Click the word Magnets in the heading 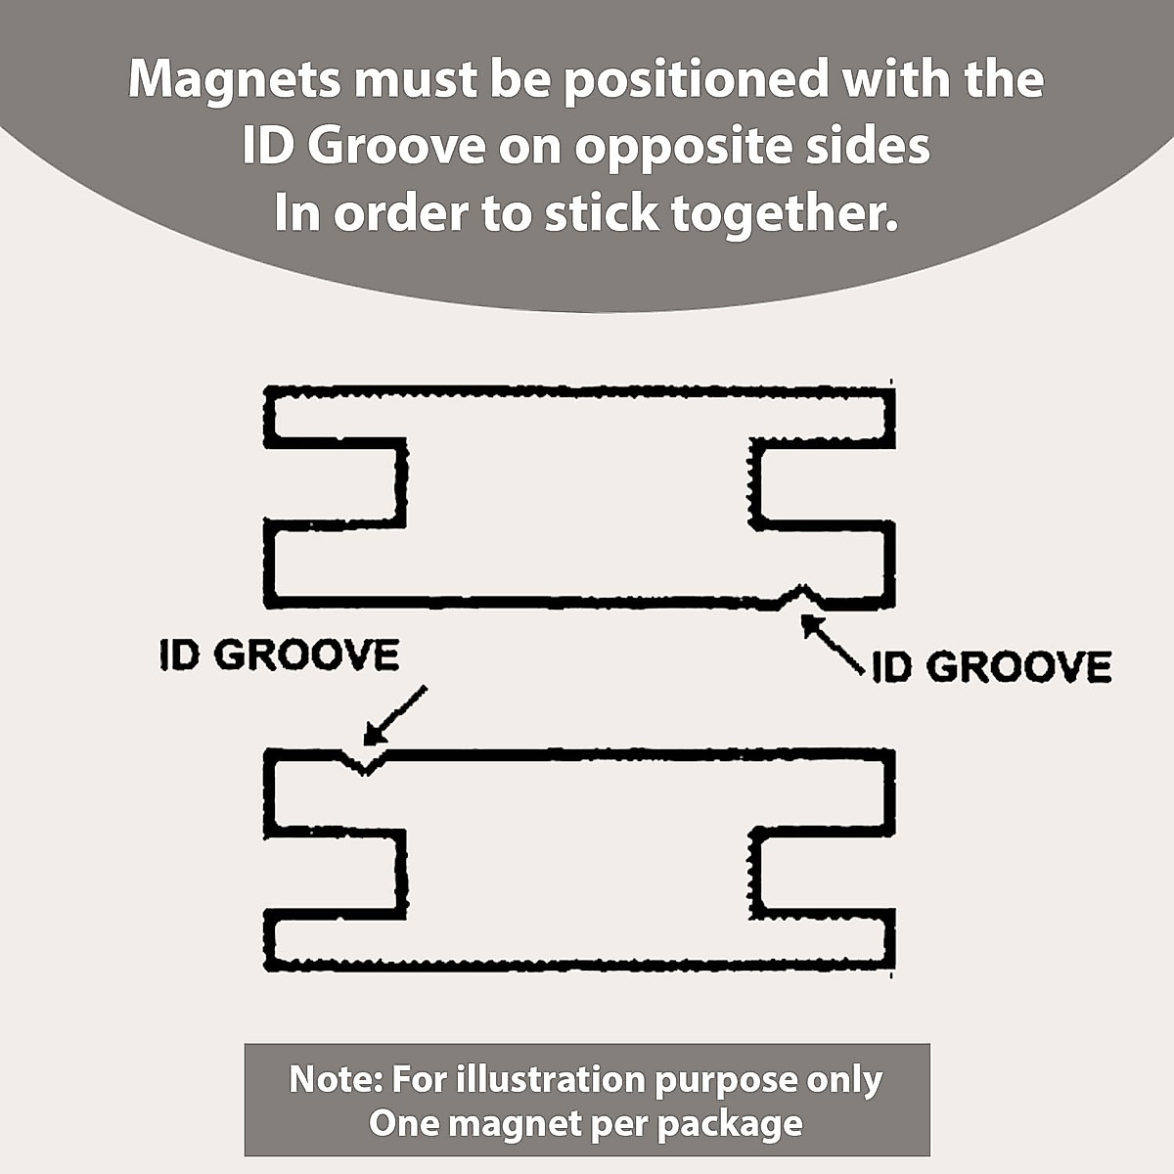[234, 80]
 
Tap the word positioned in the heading [696, 80]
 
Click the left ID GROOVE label [279, 655]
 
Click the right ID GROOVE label [991, 667]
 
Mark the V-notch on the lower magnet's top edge [364, 762]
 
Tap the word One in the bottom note [401, 1123]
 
